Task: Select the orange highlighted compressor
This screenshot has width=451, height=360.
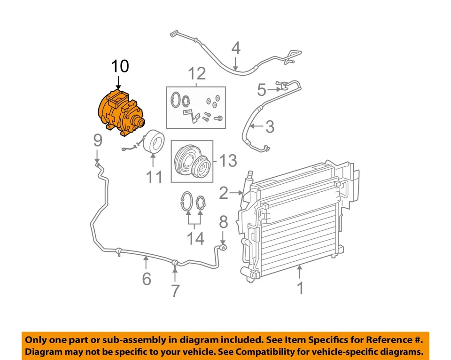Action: [x=120, y=113]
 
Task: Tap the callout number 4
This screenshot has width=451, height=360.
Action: [x=236, y=48]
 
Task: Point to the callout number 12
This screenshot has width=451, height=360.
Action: [x=197, y=74]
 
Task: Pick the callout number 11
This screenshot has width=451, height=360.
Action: [x=155, y=177]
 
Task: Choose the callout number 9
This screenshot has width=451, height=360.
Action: [x=97, y=140]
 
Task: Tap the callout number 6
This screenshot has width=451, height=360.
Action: [x=147, y=279]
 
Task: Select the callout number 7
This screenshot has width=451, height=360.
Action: [x=175, y=291]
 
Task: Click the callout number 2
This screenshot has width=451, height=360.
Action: [x=224, y=193]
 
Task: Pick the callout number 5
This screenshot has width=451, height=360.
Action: [x=262, y=88]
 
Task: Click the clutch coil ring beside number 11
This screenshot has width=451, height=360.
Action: [x=154, y=142]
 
